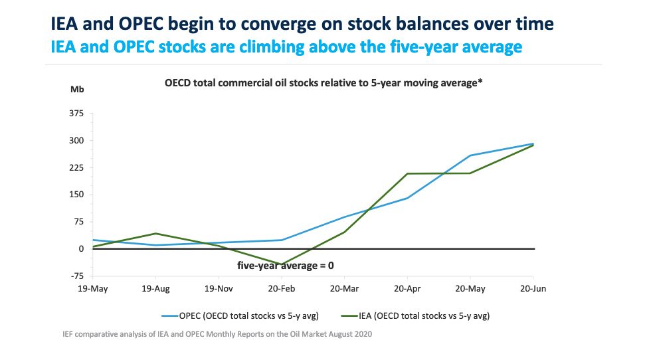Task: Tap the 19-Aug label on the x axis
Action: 155,290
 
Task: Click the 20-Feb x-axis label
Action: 281,290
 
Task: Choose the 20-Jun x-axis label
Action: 533,290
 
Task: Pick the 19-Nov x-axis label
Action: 218,290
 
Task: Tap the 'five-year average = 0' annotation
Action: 285,265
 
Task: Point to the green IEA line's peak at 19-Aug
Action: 155,233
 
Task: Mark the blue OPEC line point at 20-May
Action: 470,155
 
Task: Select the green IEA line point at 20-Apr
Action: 407,173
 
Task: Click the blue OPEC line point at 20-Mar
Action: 344,217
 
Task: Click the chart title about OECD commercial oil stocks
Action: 323,83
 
